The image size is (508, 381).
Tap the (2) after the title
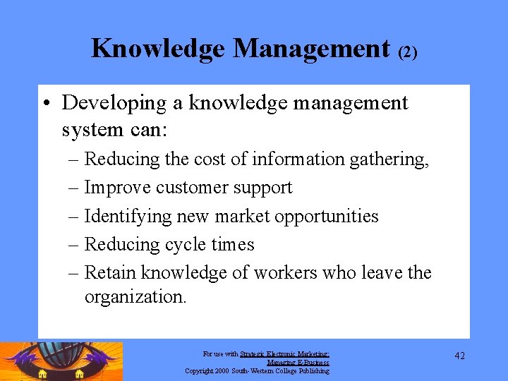(x=408, y=52)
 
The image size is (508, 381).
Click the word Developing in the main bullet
(x=112, y=103)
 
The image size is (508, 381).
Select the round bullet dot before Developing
(x=44, y=104)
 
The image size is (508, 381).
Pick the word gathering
(x=391, y=160)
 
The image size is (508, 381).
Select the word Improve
(x=118, y=188)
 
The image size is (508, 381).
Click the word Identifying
(x=128, y=217)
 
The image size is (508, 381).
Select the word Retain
(x=111, y=272)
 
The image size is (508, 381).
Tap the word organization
(x=135, y=297)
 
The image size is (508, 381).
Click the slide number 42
(x=459, y=356)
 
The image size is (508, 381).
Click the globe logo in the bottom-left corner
(x=61, y=361)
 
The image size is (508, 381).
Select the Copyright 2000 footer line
(x=257, y=370)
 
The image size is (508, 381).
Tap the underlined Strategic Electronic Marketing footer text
(x=284, y=354)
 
